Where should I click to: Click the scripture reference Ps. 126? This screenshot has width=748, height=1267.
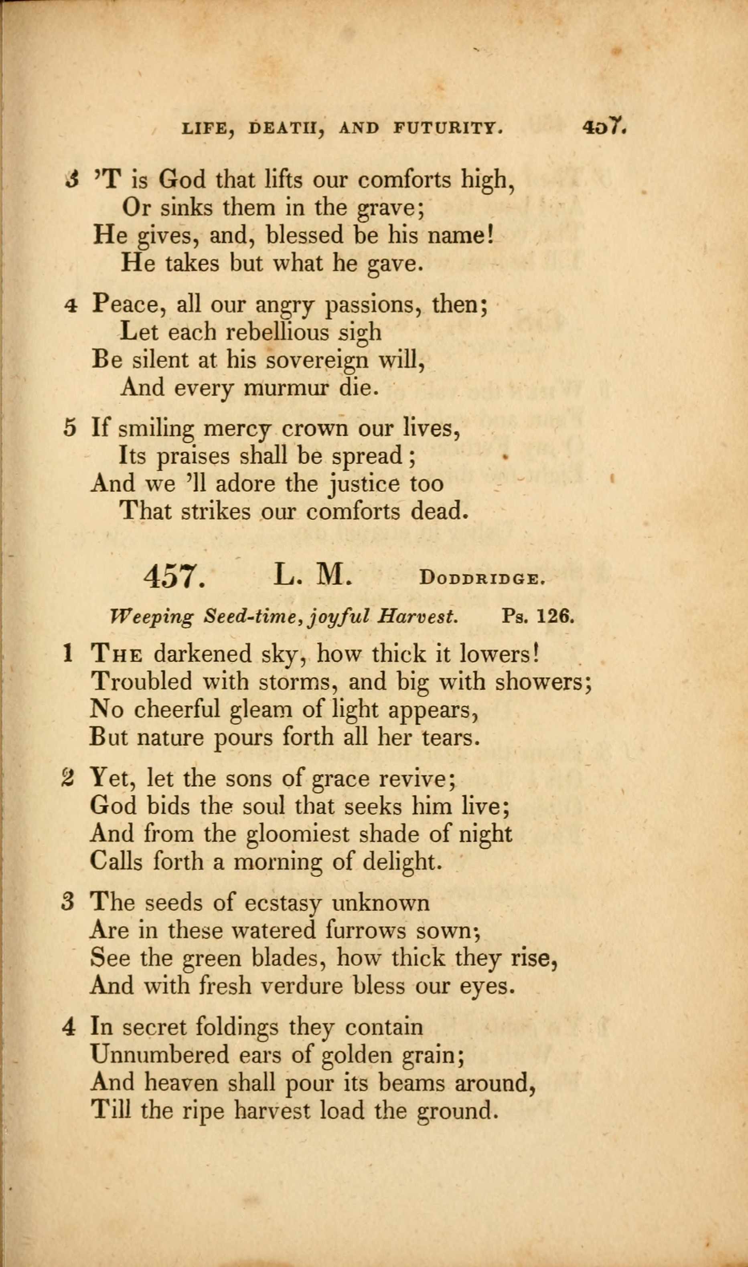coord(538,616)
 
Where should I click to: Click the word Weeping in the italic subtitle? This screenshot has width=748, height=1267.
coord(151,617)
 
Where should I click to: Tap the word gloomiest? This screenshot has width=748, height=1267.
coord(297,835)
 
